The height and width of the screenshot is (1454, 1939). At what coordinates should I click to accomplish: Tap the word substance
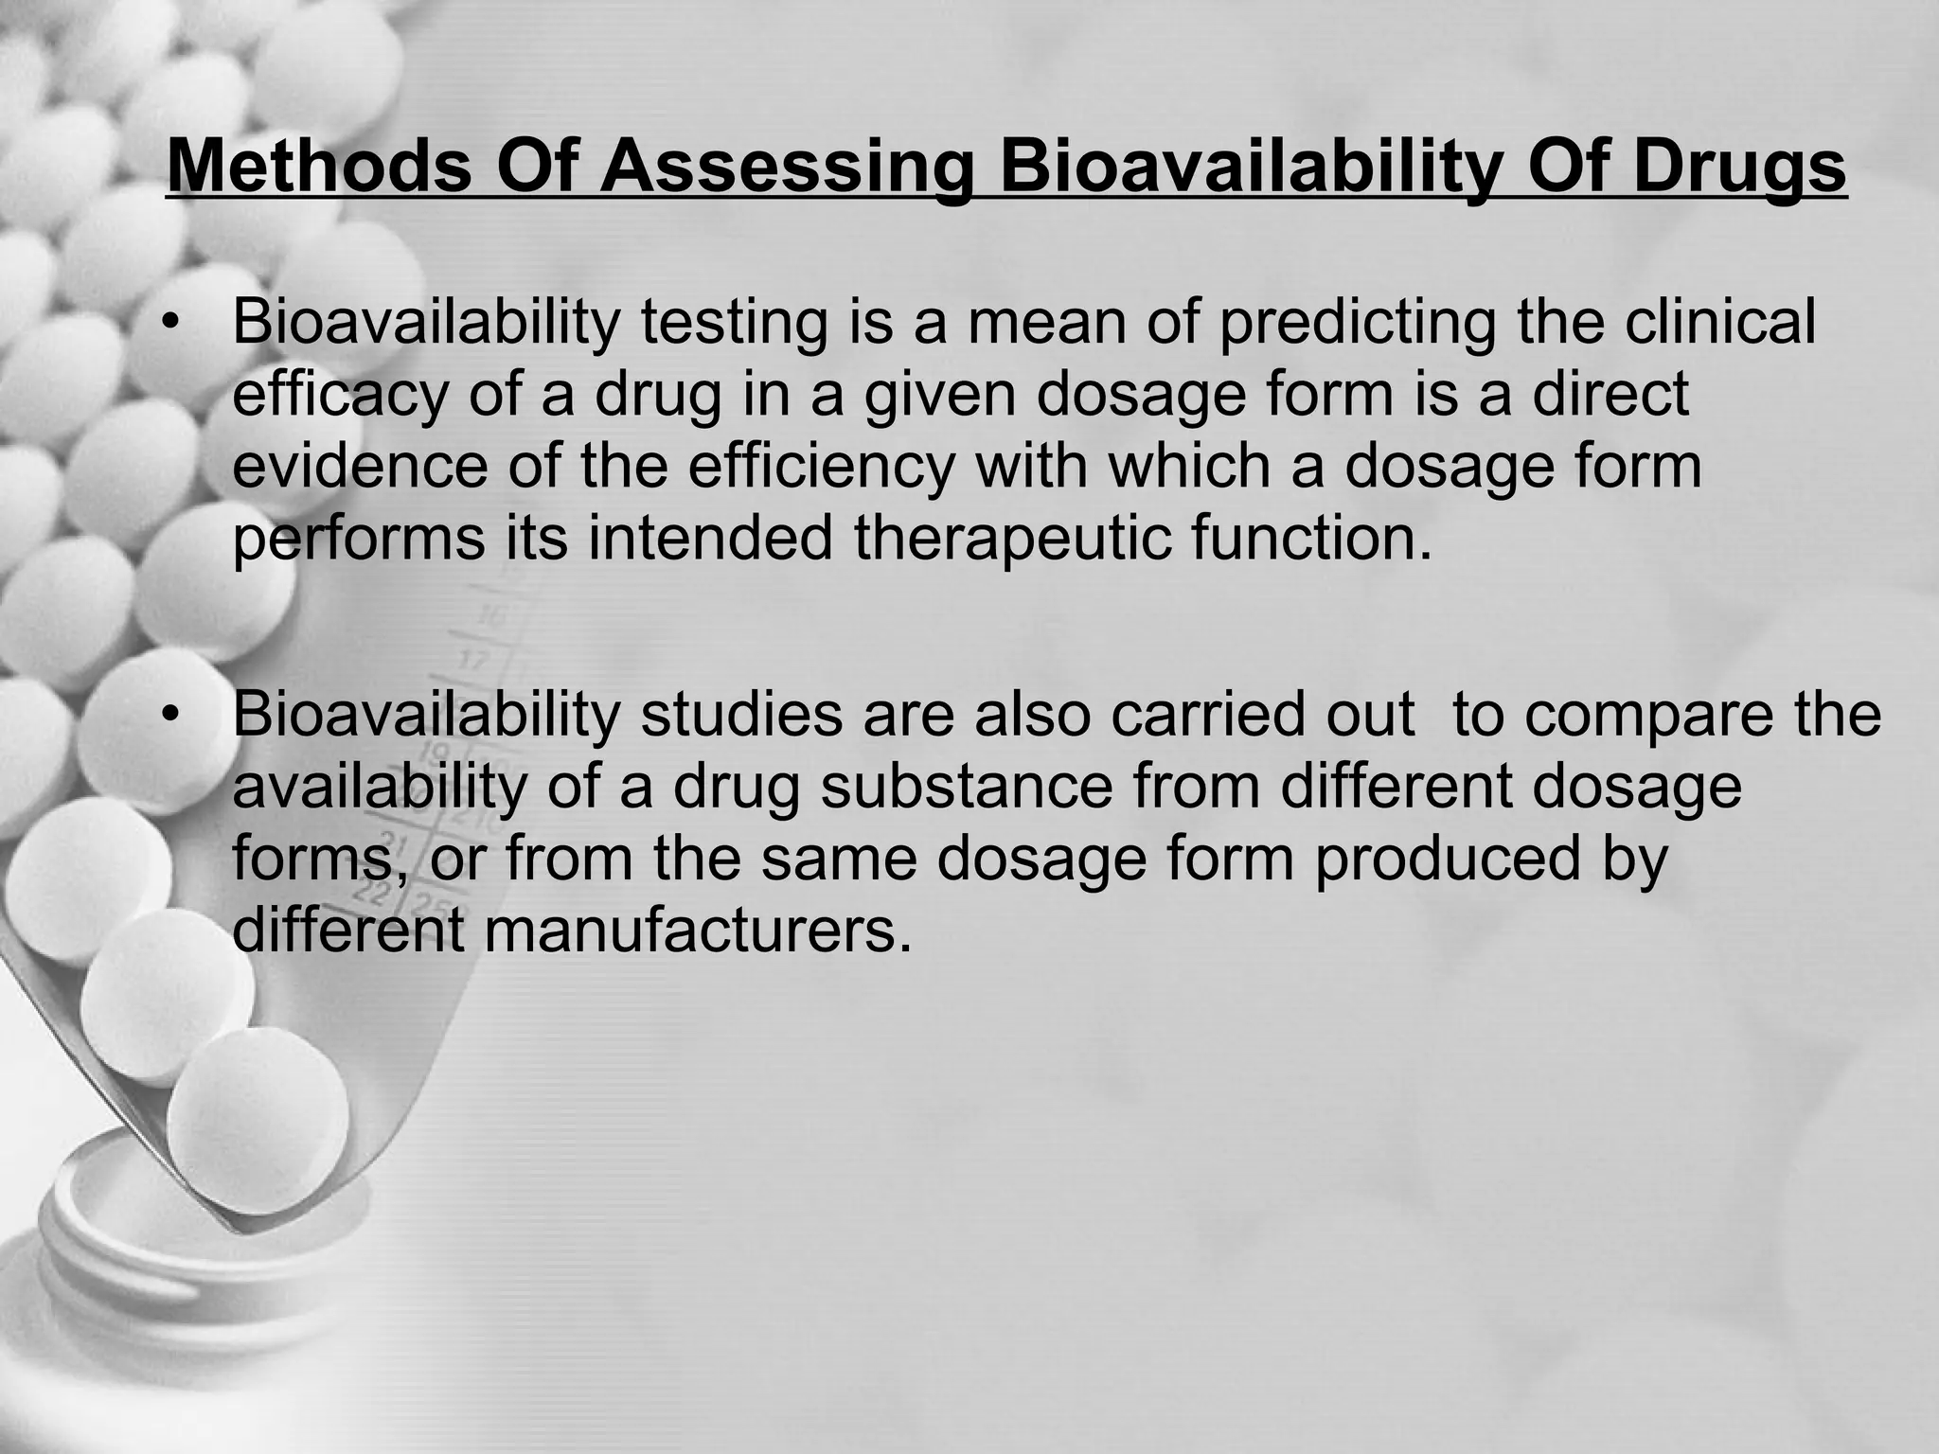(966, 787)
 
